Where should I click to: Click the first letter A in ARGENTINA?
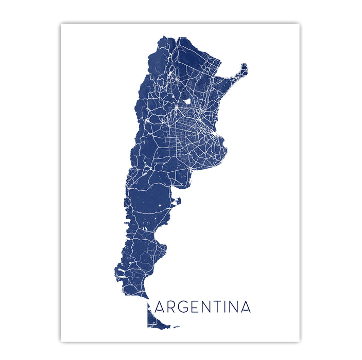point(160,307)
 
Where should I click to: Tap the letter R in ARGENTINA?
point(172,307)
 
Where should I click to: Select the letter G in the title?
point(183,307)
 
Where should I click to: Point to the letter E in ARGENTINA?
point(194,307)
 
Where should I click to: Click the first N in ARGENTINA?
point(204,307)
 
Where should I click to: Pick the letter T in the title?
point(216,307)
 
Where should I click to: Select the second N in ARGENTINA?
point(233,307)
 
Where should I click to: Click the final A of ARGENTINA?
point(245,307)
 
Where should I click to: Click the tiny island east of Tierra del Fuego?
point(176,327)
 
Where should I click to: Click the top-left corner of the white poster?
point(61,24)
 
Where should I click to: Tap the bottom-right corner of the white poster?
point(300,341)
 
